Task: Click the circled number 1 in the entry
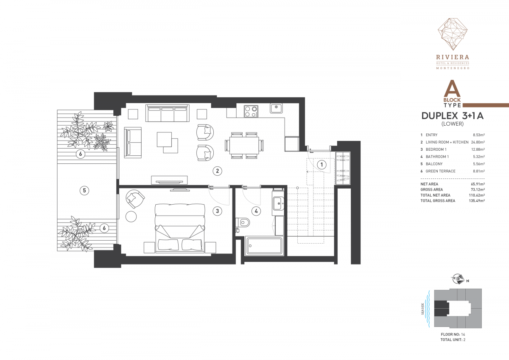(x=322, y=164)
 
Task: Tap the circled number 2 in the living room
(x=217, y=171)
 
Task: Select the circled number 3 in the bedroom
(x=217, y=211)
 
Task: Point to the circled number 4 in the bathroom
(x=256, y=211)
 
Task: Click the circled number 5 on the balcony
(x=84, y=190)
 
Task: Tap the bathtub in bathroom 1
(x=264, y=246)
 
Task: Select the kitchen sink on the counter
(x=276, y=108)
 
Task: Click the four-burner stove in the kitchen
(x=251, y=111)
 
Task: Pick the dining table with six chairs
(x=244, y=145)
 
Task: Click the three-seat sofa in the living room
(x=168, y=113)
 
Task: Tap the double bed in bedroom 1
(x=180, y=228)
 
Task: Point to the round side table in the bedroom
(x=131, y=217)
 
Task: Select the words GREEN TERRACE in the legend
(x=440, y=171)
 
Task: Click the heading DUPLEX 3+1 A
(x=453, y=116)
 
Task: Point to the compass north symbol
(x=458, y=279)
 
